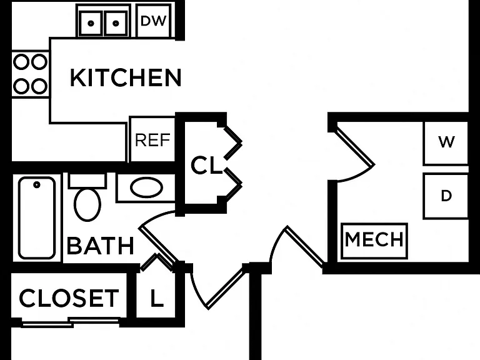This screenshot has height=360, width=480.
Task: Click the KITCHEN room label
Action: (x=126, y=77)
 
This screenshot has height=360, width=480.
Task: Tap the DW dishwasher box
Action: (x=153, y=21)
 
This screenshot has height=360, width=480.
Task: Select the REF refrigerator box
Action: (x=152, y=139)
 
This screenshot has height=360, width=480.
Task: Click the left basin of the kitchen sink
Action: (x=91, y=23)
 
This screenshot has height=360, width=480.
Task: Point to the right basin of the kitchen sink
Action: (x=116, y=23)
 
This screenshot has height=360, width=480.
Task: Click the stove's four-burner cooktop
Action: (x=30, y=74)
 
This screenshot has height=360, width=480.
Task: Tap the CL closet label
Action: (x=206, y=165)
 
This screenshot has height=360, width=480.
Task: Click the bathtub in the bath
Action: (x=37, y=218)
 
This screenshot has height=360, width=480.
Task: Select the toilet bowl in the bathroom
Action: (x=87, y=204)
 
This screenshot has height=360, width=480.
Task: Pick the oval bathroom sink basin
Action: (x=147, y=187)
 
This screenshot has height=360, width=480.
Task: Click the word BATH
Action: (x=101, y=246)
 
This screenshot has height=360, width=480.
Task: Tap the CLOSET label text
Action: (x=69, y=298)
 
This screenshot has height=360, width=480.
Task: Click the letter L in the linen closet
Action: (x=157, y=298)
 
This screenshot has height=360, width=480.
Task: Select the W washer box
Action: (x=446, y=143)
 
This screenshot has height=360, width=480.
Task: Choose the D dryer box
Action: (x=446, y=196)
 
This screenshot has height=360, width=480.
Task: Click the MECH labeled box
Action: (x=374, y=241)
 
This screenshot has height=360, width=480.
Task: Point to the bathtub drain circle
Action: (x=37, y=184)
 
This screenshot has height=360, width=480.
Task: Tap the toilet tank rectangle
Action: (x=87, y=181)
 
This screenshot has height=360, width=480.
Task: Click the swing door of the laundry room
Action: (x=355, y=147)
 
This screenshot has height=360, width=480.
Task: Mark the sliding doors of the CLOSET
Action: (x=71, y=322)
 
